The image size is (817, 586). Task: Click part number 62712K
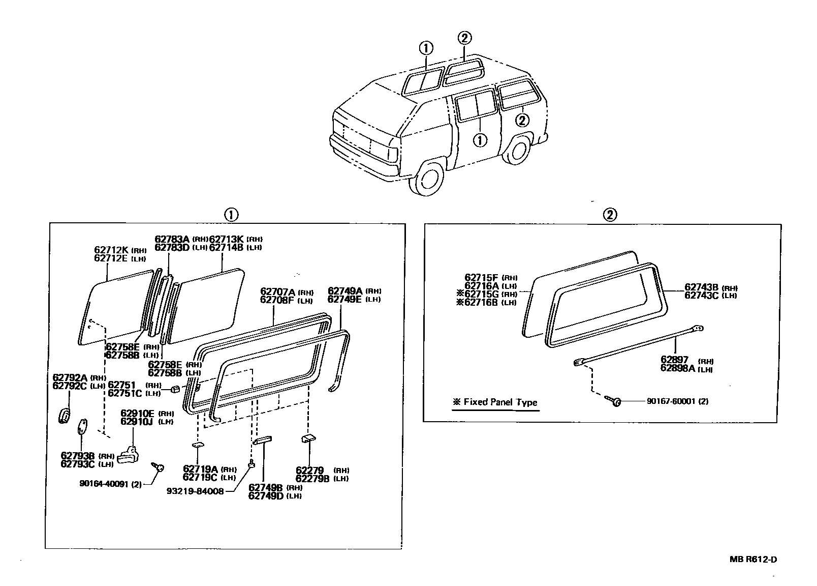112,250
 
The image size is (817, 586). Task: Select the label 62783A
172,239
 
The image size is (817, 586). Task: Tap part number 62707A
277,291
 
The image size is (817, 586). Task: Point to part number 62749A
344,291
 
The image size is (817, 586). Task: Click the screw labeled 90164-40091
157,466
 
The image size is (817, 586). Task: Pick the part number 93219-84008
195,491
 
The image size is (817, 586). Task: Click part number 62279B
313,479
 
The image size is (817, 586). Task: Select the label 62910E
138,414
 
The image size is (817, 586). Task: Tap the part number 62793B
78,455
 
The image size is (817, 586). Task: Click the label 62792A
70,377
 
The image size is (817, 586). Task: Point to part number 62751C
125,393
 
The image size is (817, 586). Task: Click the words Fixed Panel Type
500,402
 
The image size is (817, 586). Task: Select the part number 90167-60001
670,401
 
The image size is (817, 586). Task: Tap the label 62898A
678,369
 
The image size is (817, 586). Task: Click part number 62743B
701,287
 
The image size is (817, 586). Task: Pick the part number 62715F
482,277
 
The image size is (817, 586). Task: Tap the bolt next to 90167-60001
614,402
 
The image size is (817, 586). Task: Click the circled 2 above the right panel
610,215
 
